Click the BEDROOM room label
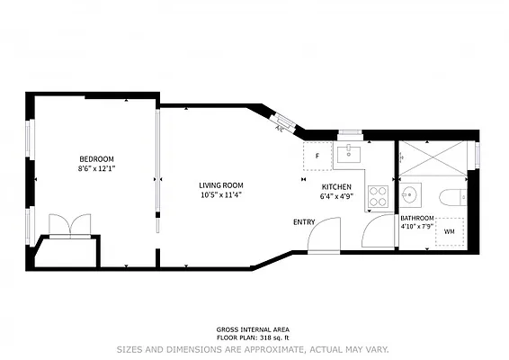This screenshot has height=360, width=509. coord(97,159)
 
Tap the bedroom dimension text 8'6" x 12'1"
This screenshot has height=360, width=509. coord(97,168)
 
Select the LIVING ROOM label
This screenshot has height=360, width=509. coord(221,185)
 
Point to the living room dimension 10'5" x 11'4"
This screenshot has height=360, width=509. coord(221,195)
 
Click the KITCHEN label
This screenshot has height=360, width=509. coord(336,187)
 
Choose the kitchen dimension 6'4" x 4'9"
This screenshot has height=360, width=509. coord(336,196)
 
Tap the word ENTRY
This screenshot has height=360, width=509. coord(304,222)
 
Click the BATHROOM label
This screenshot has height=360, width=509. coord(417,218)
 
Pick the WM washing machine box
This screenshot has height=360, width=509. coord(450,231)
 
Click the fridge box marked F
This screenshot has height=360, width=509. coord(317,156)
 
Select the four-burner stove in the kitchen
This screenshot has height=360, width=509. coord(379,196)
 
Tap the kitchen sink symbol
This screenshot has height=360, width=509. coord(349,154)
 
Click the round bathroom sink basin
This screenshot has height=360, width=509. coord(410,195)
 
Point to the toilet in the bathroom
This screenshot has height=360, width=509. coord(453,197)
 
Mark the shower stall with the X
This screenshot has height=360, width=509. coord(433,158)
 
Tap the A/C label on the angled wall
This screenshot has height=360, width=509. coord(279,129)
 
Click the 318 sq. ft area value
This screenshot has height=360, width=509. coord(274,337)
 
